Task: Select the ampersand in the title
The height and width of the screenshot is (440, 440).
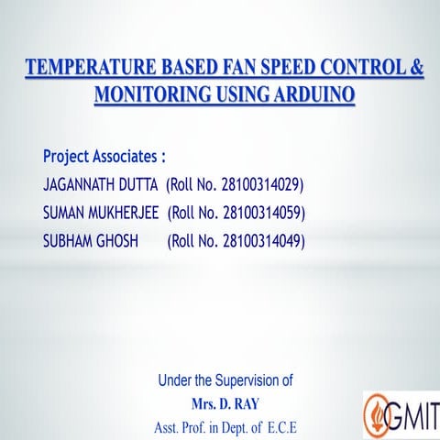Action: (x=415, y=68)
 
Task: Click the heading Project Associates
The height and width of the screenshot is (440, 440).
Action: (x=104, y=156)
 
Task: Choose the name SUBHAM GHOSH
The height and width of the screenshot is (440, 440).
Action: (x=90, y=241)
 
